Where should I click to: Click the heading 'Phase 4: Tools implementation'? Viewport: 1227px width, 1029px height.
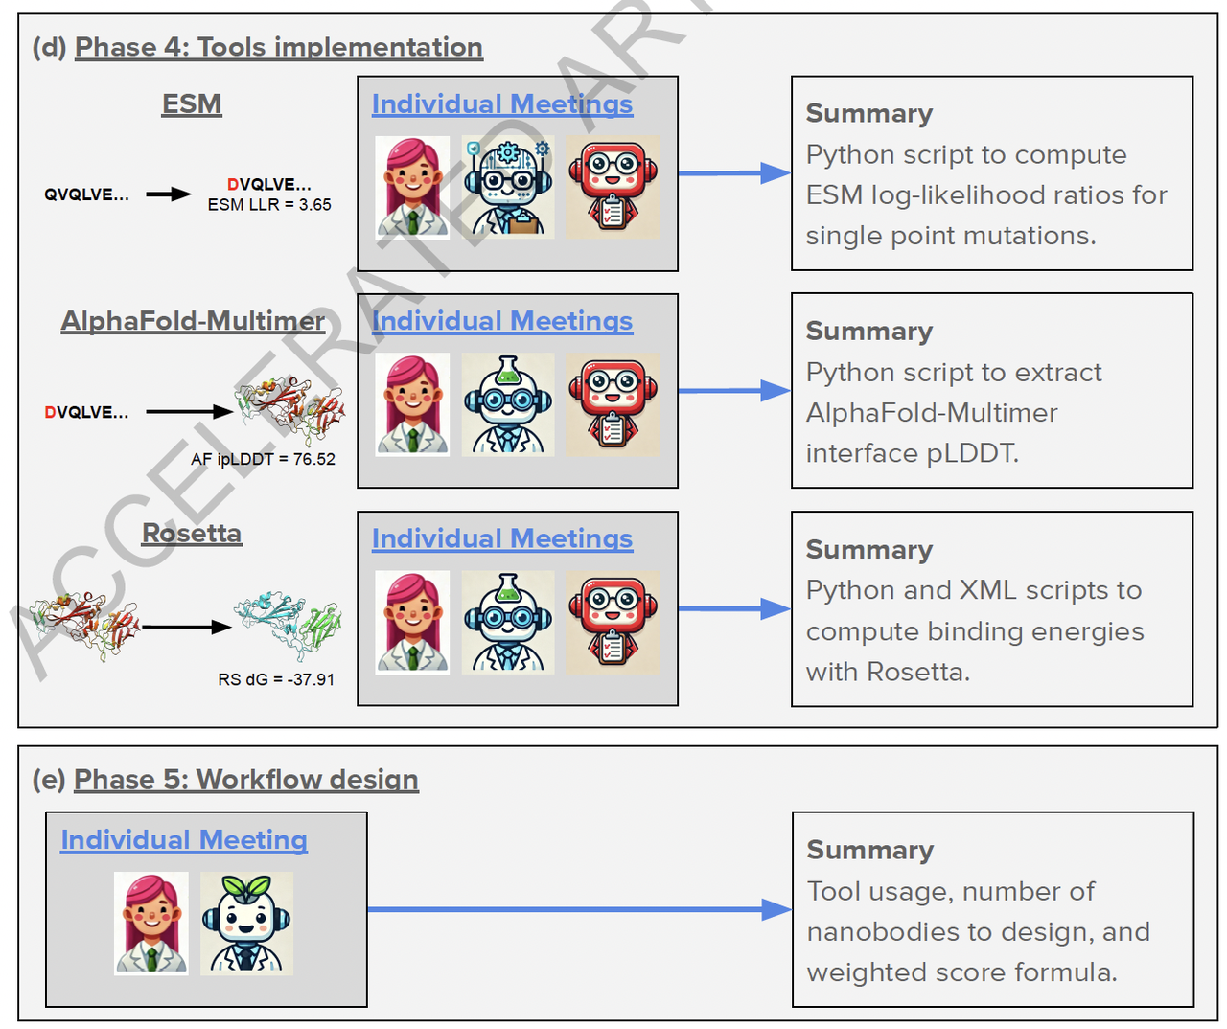point(278,47)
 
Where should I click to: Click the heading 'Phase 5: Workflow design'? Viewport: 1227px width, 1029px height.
point(245,779)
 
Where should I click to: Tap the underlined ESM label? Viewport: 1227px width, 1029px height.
point(192,103)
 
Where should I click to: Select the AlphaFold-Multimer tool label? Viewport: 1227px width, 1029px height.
point(193,321)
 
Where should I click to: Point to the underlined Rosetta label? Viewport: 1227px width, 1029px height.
point(192,533)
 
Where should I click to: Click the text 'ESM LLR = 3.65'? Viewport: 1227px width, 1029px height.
point(269,205)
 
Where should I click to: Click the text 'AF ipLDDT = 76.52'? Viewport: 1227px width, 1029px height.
point(263,459)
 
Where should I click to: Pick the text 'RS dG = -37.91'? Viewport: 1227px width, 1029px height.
point(276,679)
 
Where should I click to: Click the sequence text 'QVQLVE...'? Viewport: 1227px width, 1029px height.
point(86,194)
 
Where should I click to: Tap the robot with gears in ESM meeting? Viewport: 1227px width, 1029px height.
point(508,187)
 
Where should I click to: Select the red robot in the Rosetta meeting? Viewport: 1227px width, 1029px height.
point(613,622)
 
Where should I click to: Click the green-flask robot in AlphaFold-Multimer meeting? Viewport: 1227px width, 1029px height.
point(508,404)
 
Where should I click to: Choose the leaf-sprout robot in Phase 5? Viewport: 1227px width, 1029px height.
point(246,924)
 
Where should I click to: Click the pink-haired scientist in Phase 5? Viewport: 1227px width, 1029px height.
point(150,924)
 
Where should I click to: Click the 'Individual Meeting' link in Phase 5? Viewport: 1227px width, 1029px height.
point(184,840)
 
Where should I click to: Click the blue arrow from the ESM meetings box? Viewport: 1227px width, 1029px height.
point(734,173)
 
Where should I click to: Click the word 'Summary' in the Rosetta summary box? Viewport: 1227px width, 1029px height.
point(869,549)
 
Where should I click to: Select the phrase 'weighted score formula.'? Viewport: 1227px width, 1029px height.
point(961,972)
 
